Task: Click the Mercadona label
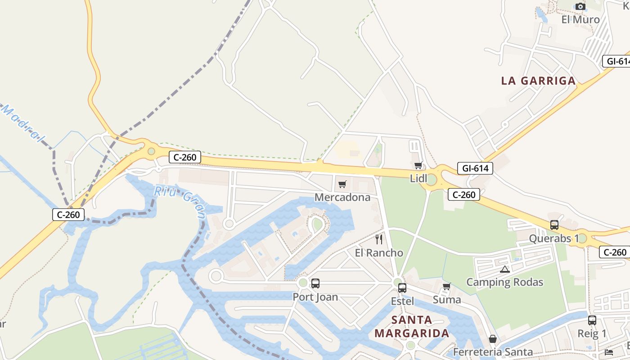point(342,197)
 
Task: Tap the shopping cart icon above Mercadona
point(342,184)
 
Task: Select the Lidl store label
point(418,179)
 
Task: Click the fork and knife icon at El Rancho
point(379,239)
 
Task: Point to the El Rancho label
point(379,252)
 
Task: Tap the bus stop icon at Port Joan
point(315,283)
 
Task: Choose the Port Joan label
point(315,297)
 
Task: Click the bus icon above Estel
point(402,288)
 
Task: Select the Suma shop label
point(447,299)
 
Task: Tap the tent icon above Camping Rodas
point(504,270)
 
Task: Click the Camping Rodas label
point(504,282)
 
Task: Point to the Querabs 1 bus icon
point(554,225)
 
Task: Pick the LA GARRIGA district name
point(538,81)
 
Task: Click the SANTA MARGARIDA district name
point(412,327)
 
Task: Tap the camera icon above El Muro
point(580,7)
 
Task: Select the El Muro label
point(580,20)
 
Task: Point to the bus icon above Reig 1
point(592,320)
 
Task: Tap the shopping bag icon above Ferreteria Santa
point(493,339)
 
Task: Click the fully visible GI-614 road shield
point(475,168)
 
